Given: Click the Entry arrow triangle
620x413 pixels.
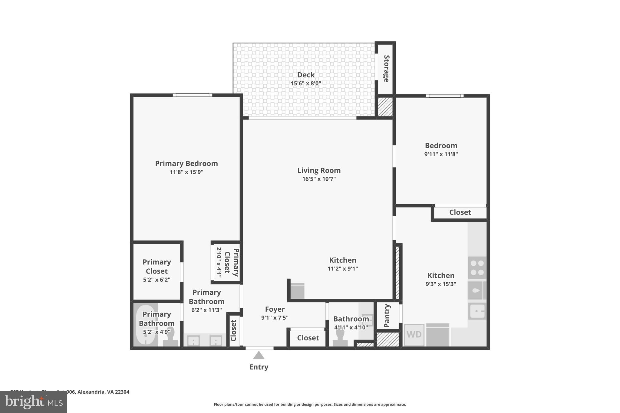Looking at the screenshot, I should coord(259,356).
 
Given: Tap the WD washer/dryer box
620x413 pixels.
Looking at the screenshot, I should coord(414,335).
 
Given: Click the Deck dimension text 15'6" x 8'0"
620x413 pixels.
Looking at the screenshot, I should coord(306,84).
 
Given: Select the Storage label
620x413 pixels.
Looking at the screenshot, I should coord(386,69).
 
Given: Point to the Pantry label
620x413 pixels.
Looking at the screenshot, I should coord(387,316).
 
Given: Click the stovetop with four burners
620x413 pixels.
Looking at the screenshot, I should coord(477,268).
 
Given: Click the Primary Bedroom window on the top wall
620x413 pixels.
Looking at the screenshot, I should coord(193,95).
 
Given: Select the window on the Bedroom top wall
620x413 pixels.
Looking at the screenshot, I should coord(444,96).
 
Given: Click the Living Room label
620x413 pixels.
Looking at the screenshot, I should coord(319,170).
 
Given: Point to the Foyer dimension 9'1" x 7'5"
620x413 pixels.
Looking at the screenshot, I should coord(275,318).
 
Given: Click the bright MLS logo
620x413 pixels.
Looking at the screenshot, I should coord(34,402).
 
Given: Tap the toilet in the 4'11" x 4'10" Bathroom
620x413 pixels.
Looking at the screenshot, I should coord(340,337).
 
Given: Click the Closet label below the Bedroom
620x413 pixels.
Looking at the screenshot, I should coord(460,212).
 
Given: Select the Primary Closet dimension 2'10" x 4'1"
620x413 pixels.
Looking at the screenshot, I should coord(219,262).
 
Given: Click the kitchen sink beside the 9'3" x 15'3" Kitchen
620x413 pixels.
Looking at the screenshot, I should coord(477,311).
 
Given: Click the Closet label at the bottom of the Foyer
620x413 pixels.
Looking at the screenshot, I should coord(308,338).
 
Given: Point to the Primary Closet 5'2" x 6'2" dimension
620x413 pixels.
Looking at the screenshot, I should coord(157,280).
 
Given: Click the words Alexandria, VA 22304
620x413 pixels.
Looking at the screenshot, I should coord(103,392).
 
